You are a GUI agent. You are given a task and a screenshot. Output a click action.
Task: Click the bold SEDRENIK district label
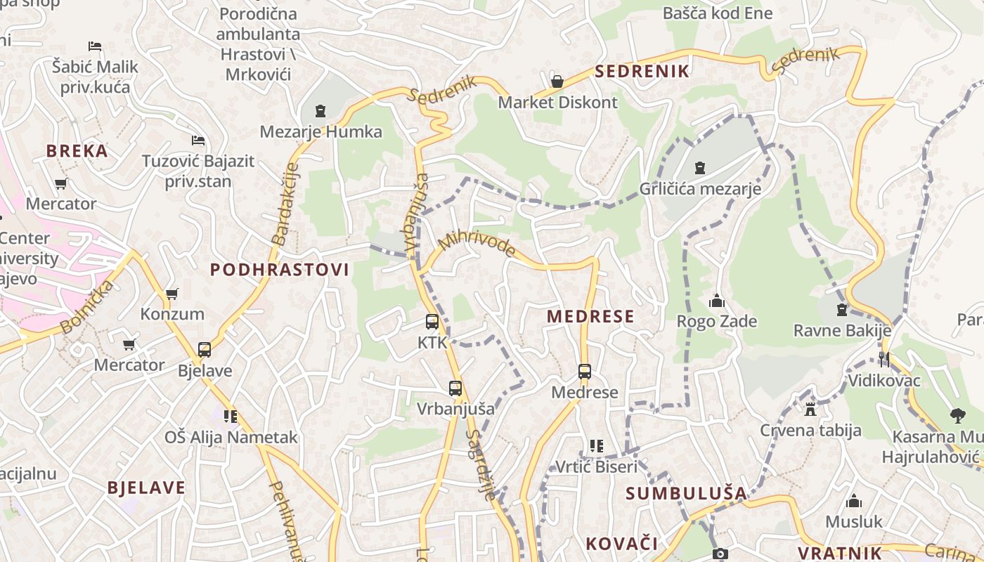642,71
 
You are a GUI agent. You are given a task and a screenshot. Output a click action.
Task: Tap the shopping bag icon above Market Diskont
557,81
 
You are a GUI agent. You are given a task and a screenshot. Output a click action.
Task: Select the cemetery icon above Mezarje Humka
321,111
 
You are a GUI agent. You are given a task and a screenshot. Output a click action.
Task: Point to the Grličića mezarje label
700,188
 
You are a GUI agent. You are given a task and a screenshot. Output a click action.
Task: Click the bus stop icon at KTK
432,322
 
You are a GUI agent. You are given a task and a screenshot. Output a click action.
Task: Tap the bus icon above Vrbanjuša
455,388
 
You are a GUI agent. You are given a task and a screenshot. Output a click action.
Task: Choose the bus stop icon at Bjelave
205,349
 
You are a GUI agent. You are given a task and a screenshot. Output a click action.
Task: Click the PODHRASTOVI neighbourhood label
280,270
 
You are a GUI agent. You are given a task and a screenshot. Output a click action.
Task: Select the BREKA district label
77,151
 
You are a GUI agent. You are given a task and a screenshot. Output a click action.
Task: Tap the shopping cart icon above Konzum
172,294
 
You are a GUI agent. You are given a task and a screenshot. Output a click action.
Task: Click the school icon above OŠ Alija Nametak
231,416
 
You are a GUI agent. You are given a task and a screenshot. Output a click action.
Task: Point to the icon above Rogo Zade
717,301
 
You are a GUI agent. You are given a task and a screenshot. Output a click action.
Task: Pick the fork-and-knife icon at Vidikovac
884,360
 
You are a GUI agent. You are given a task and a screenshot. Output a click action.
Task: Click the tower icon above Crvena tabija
810,409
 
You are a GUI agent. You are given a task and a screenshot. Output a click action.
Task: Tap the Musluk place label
854,521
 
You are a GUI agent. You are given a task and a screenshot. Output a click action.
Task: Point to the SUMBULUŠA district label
686,493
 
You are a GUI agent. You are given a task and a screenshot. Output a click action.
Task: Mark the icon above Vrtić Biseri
597,445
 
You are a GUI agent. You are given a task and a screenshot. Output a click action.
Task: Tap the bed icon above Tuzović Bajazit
198,140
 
